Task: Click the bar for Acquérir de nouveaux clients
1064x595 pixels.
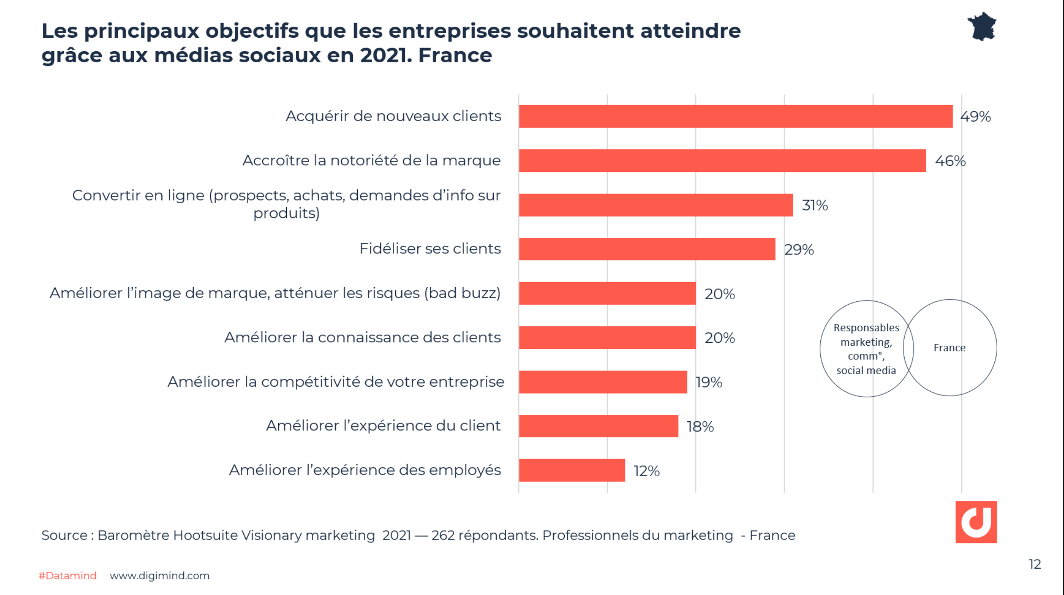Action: [x=735, y=116]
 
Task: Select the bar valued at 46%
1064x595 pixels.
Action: [x=722, y=160]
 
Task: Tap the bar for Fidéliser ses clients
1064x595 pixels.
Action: [x=647, y=249]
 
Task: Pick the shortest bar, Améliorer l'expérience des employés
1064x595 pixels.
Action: [x=572, y=470]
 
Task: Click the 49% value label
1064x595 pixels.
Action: [x=975, y=117]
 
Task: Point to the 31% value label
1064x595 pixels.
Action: [x=814, y=205]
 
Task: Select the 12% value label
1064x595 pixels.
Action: [x=646, y=471]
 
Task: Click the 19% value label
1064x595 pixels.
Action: [x=708, y=382]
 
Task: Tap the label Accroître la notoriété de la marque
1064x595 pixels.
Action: [x=371, y=160]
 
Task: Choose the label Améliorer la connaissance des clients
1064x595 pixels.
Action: [x=362, y=337]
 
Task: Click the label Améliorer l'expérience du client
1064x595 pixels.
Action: [x=383, y=425]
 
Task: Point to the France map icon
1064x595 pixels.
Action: [x=982, y=27]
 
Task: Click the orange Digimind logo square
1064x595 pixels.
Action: [x=976, y=522]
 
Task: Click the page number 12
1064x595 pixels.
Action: [x=1035, y=564]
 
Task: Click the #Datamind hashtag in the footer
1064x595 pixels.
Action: [x=67, y=576]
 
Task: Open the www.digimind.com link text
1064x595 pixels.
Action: [x=159, y=576]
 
